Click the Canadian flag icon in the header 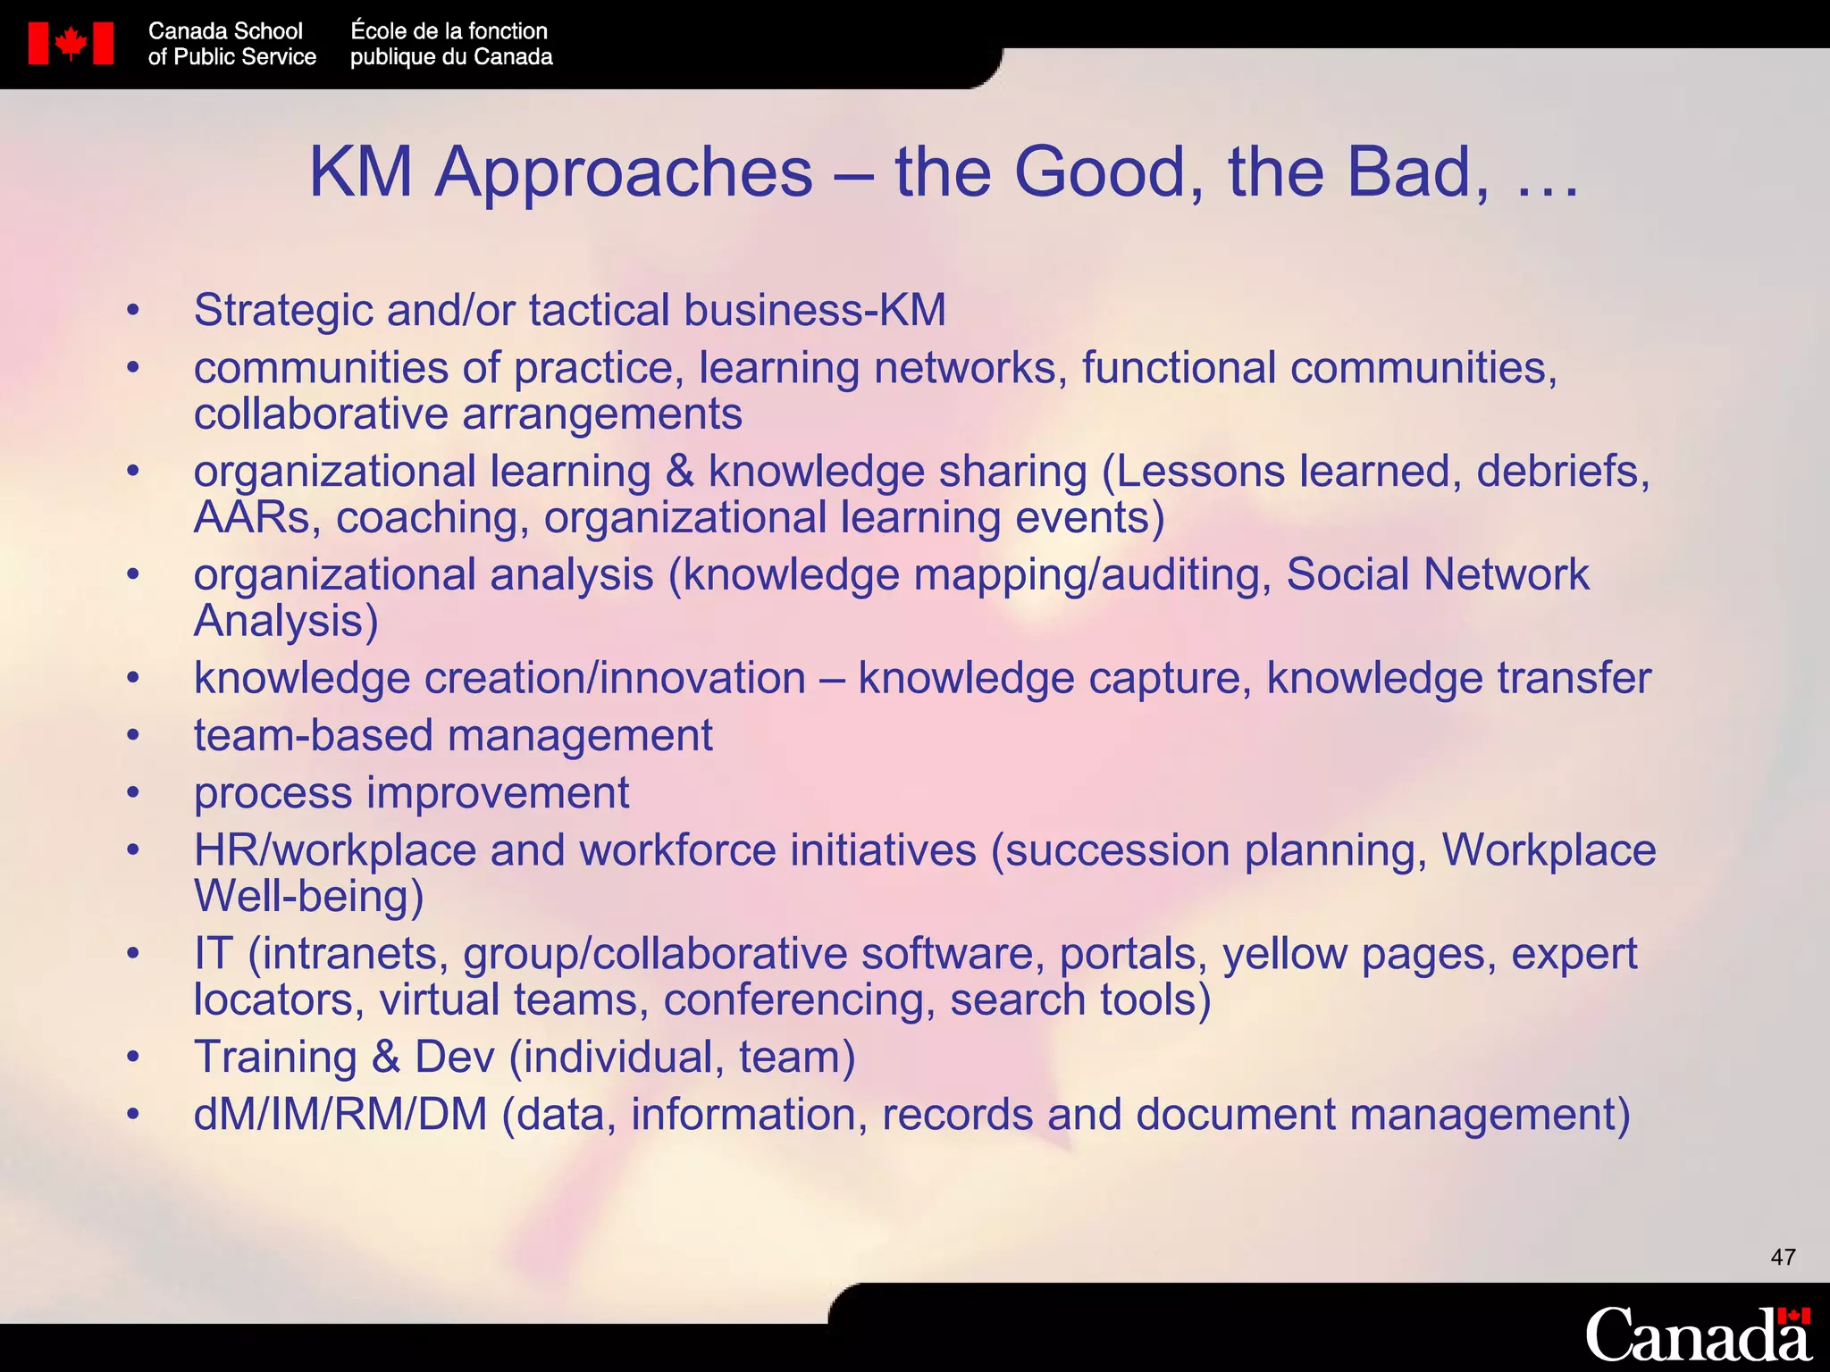pyautogui.click(x=71, y=44)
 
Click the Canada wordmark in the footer pyautogui.click(x=1697, y=1334)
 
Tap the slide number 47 pyautogui.click(x=1783, y=1258)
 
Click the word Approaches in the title pyautogui.click(x=624, y=171)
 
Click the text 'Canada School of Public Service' pyautogui.click(x=231, y=44)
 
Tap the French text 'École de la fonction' pyautogui.click(x=449, y=31)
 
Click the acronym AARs pyautogui.click(x=252, y=518)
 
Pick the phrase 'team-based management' pyautogui.click(x=453, y=736)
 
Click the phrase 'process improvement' pyautogui.click(x=411, y=793)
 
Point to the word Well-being pyautogui.click(x=308, y=897)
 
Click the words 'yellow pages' pyautogui.click(x=1359, y=954)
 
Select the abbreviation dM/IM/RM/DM pyautogui.click(x=340, y=1115)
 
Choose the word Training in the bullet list pyautogui.click(x=275, y=1058)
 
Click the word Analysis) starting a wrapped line pyautogui.click(x=286, y=622)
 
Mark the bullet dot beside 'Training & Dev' pyautogui.click(x=133, y=1058)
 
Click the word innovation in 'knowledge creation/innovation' pyautogui.click(x=702, y=679)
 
